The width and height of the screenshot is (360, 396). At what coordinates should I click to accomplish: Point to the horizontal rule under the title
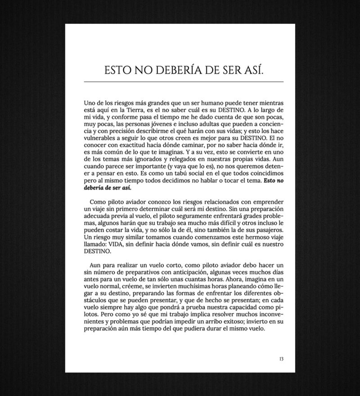184,82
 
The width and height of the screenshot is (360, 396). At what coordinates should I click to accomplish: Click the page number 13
281,359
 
